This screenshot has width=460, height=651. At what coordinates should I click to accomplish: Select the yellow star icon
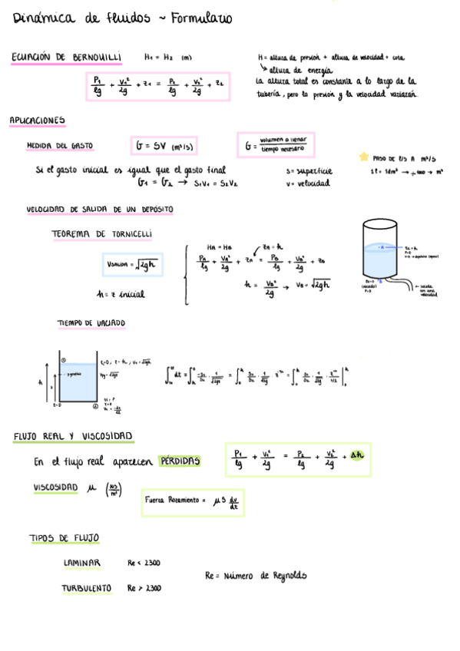click(x=363, y=157)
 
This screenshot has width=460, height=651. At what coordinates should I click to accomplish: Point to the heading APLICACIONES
click(x=37, y=121)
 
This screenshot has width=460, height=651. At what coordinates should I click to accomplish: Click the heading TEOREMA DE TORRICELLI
click(x=102, y=233)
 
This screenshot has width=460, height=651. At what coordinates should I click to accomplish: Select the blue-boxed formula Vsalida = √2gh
click(x=132, y=265)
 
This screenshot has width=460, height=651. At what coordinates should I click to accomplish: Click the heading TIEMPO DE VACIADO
click(x=91, y=323)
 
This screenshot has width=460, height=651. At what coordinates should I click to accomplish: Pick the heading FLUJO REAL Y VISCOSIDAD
click(x=73, y=437)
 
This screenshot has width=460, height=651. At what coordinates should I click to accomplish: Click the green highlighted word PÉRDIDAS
click(x=179, y=461)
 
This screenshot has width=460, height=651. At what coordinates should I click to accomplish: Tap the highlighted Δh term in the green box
click(x=357, y=456)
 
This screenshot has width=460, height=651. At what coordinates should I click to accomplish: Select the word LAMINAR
click(x=82, y=563)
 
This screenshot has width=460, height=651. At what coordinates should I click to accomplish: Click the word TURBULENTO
click(x=87, y=588)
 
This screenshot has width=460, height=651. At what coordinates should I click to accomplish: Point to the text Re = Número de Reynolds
click(x=256, y=575)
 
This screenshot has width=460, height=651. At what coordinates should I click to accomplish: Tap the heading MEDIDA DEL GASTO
click(x=60, y=145)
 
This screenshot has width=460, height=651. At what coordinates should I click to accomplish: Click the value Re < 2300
click(x=144, y=563)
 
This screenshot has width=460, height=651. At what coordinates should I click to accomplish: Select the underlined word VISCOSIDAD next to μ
click(x=56, y=487)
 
